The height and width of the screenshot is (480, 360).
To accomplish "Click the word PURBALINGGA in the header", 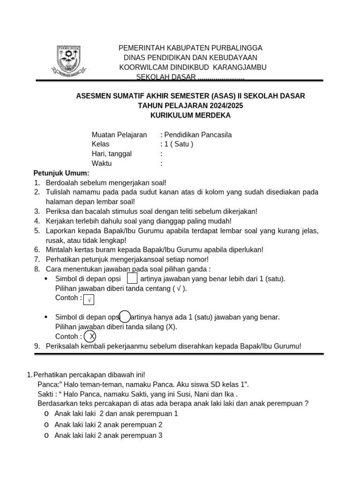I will [x=233, y=48].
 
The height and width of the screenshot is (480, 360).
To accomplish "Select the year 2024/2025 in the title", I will [x=221, y=105].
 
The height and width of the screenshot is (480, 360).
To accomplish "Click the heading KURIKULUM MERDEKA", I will [x=190, y=115].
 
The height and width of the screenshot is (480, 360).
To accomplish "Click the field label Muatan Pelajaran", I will [x=119, y=135].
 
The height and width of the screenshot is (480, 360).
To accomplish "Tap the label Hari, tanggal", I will [x=112, y=154].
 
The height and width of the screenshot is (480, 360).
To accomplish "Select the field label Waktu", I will [x=102, y=164].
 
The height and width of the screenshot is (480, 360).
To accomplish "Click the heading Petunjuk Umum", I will [x=61, y=173].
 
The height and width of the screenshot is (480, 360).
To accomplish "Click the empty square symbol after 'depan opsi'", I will [x=132, y=278].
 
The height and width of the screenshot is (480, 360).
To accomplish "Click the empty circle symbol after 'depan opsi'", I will [x=125, y=317].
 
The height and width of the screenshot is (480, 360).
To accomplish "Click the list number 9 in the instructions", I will [x=37, y=346].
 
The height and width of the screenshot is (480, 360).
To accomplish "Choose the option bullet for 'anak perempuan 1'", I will [x=46, y=414].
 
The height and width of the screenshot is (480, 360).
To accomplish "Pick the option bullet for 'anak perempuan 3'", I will [x=46, y=435].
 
